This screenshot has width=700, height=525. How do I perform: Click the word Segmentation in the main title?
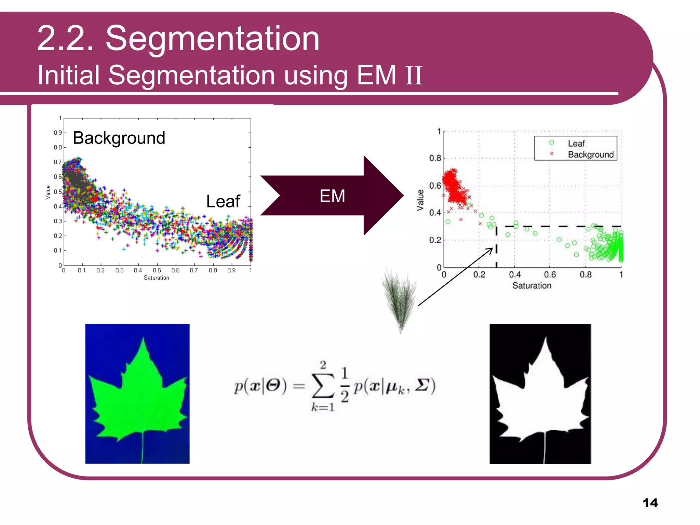click(x=212, y=39)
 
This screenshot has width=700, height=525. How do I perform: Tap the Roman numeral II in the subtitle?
click(x=414, y=76)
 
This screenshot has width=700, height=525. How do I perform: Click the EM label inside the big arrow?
click(x=332, y=196)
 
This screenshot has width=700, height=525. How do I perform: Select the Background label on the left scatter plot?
click(x=119, y=138)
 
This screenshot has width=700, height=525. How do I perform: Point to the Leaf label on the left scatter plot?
click(x=223, y=201)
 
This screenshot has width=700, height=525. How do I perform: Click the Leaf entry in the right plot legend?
click(x=576, y=144)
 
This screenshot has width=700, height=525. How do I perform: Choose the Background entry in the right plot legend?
click(x=591, y=154)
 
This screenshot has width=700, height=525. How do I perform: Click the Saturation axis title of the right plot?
click(x=531, y=285)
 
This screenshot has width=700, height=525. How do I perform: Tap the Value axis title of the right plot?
click(x=420, y=200)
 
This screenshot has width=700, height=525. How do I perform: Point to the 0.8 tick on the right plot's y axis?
click(x=435, y=158)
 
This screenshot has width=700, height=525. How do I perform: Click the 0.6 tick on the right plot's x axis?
click(x=550, y=274)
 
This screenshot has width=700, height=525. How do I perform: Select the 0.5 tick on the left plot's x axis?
click(x=157, y=270)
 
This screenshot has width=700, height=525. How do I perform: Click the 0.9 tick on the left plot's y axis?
click(x=58, y=133)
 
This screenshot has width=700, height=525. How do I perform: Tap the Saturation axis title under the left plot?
click(x=156, y=278)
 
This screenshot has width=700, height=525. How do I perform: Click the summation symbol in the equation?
click(x=323, y=387)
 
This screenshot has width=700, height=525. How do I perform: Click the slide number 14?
click(x=650, y=503)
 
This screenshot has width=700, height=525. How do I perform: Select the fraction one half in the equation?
click(x=345, y=385)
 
